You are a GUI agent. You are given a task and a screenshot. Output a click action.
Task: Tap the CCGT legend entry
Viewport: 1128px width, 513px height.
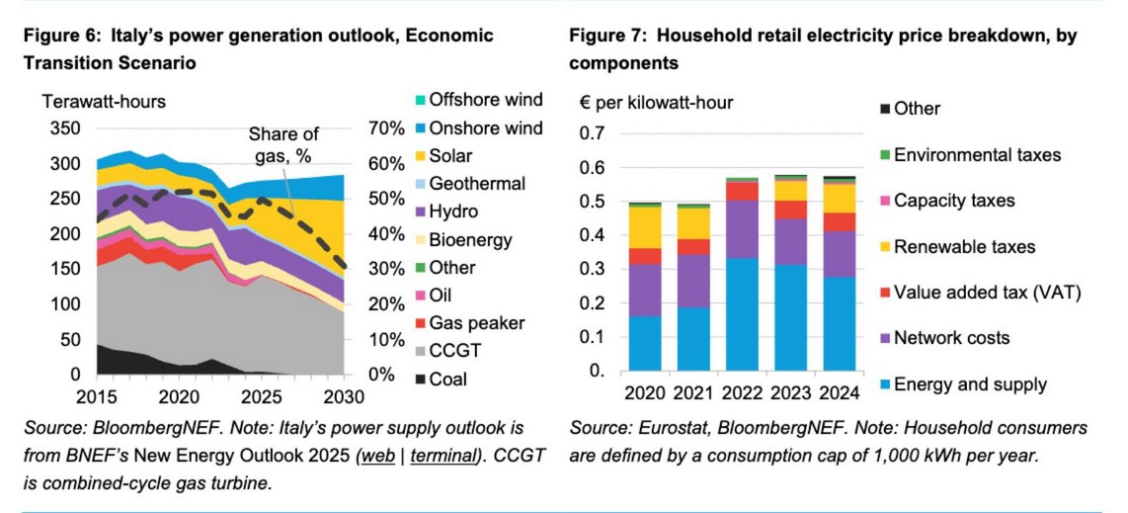click(454, 351)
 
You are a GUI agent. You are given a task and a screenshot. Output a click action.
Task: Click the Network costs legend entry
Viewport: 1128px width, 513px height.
click(951, 338)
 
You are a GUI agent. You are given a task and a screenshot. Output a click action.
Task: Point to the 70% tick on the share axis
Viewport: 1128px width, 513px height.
click(387, 129)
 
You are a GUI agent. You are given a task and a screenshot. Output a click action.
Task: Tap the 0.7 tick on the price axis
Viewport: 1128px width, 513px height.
click(591, 133)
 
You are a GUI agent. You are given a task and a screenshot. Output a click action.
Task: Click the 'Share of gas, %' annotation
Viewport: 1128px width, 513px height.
click(283, 144)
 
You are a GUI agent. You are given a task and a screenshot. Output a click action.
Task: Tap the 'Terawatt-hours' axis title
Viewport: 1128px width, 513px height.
click(103, 101)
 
